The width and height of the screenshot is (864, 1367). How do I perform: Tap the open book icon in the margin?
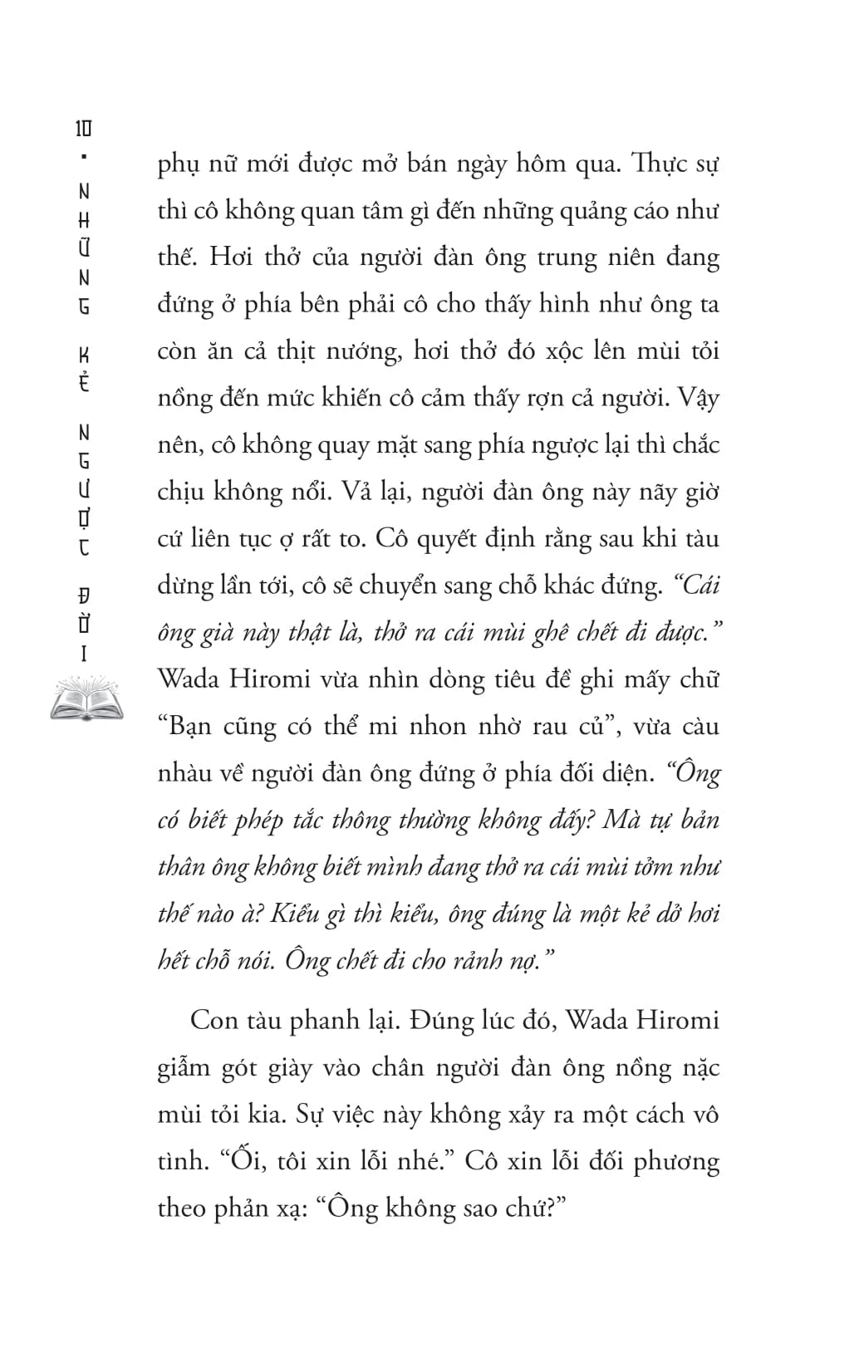(86, 698)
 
